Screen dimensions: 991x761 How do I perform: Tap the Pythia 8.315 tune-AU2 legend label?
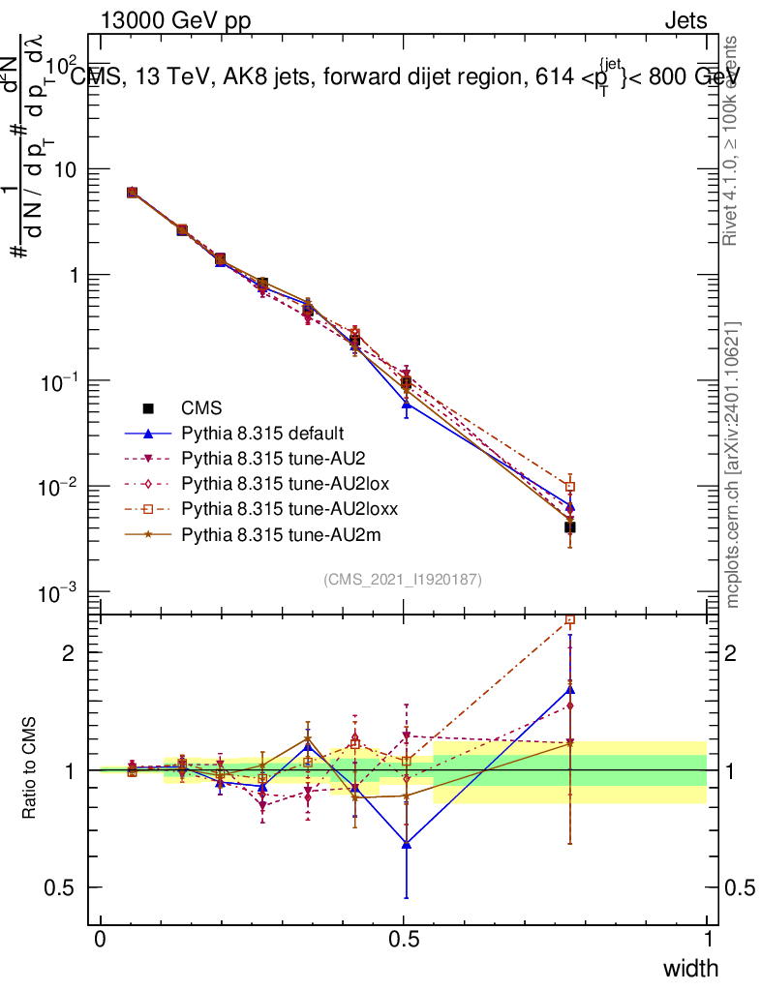(x=264, y=459)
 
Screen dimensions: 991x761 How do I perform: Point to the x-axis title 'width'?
(x=690, y=969)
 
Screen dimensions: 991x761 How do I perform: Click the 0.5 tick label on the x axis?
(x=404, y=940)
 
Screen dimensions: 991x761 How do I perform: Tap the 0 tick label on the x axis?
(x=101, y=940)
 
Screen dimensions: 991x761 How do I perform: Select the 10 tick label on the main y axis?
(x=69, y=169)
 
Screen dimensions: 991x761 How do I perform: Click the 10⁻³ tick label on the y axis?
(x=64, y=592)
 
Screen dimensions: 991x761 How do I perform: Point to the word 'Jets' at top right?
(x=685, y=21)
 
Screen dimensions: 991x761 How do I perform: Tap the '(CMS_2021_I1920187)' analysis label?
(x=403, y=579)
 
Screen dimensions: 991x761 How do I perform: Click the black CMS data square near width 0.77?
(x=570, y=527)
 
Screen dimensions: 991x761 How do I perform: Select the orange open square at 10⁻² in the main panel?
(x=570, y=487)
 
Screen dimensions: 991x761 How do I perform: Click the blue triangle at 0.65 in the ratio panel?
(x=407, y=844)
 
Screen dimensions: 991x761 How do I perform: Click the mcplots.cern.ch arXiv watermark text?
(x=733, y=465)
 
